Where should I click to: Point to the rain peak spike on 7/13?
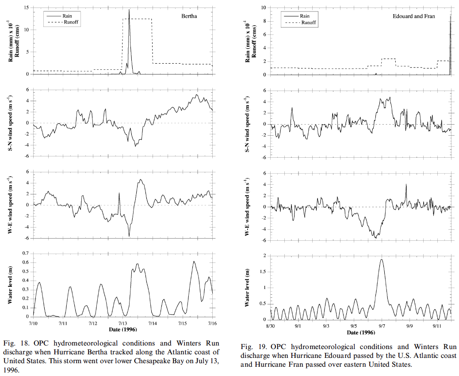click(x=129, y=10)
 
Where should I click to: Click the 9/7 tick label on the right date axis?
click(x=382, y=326)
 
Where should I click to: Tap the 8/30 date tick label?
click(x=270, y=326)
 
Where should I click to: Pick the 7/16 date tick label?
click(x=213, y=323)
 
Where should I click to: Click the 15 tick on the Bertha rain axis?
click(x=27, y=8)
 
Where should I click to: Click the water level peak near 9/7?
click(x=381, y=260)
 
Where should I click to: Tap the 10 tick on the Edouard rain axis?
click(x=264, y=8)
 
